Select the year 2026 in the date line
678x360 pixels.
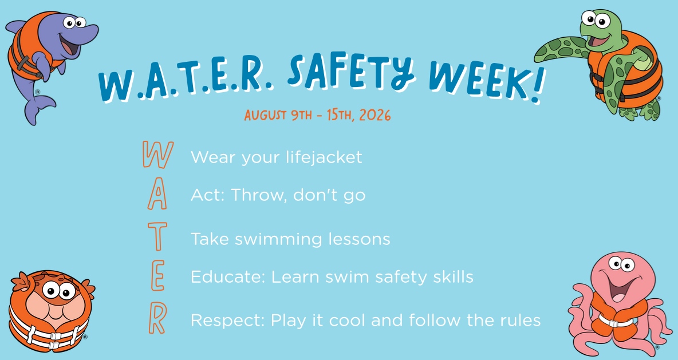(x=375, y=115)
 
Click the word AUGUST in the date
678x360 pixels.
(x=265, y=116)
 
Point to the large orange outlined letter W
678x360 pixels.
(x=158, y=155)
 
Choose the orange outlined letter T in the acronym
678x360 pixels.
(x=157, y=236)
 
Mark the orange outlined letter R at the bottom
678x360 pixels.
(x=157, y=319)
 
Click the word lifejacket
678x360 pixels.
(x=324, y=157)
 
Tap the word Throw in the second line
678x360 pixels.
(x=259, y=195)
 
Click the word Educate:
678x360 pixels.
(x=228, y=276)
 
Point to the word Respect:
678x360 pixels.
(x=227, y=321)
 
